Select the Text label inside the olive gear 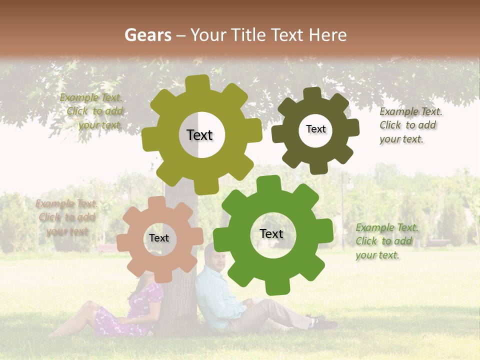(x=199, y=135)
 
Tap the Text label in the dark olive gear (x=315, y=129)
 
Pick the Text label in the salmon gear (x=159, y=238)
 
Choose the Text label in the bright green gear (x=271, y=233)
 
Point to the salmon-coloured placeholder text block (x=66, y=217)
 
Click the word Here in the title (x=327, y=35)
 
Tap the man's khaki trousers (x=270, y=312)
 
